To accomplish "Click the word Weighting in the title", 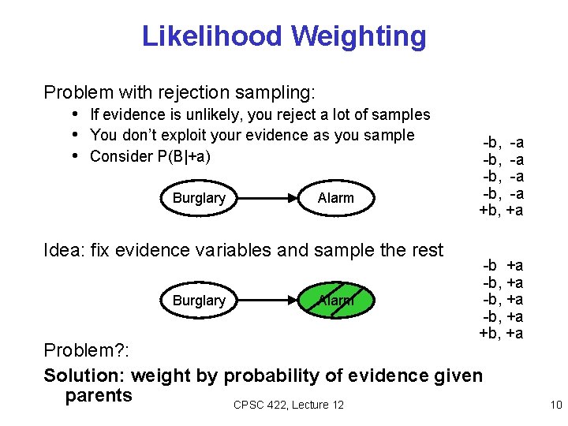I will (x=358, y=36).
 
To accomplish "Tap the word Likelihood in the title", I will (x=211, y=36).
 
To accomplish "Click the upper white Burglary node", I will (x=199, y=198).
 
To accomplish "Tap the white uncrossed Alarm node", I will (x=335, y=198).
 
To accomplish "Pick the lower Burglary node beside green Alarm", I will (x=199, y=301).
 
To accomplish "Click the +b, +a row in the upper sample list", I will (x=501, y=211).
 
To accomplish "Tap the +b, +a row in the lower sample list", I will (x=501, y=333).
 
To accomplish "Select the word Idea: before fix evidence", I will (x=65, y=251).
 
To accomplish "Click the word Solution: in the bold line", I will (x=84, y=376).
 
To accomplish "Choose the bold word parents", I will (x=99, y=395).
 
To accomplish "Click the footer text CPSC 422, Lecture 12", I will (x=289, y=405).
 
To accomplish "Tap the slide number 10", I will (x=555, y=405).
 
